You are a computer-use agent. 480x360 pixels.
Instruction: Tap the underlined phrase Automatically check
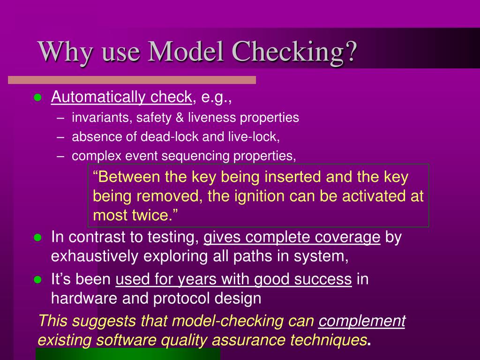121,97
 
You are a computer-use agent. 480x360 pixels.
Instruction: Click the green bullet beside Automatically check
38,97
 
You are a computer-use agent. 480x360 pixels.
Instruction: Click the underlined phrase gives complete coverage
292,237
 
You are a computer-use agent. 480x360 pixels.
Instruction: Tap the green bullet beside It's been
38,279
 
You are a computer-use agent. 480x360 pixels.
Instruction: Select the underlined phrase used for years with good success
233,279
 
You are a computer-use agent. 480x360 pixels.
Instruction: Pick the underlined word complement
362,321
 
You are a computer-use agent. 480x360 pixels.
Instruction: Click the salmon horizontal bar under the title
132,80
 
